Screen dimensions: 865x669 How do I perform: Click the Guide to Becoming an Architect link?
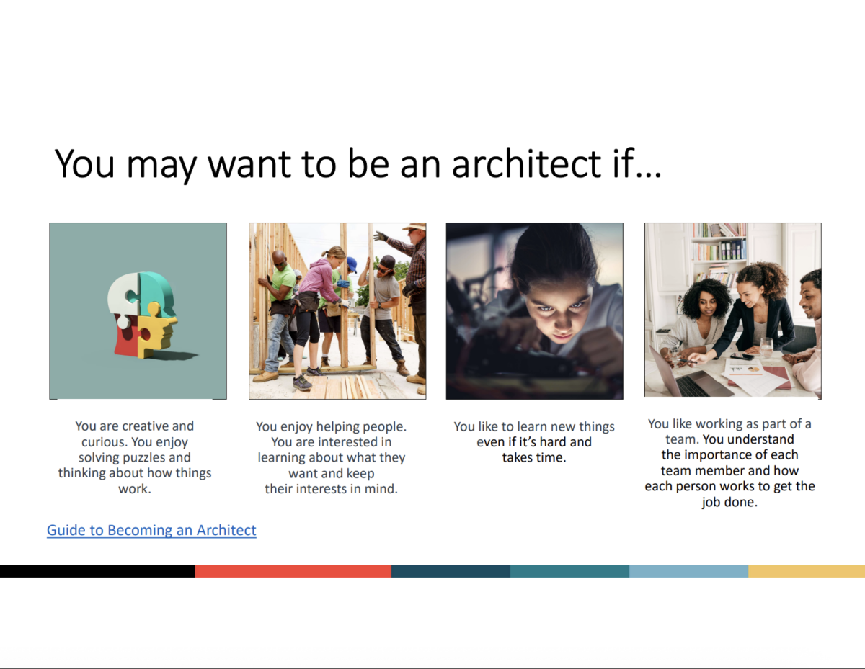[x=151, y=530]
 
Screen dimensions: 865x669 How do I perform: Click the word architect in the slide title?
[x=526, y=163]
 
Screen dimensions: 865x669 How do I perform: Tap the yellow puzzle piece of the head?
[x=156, y=329]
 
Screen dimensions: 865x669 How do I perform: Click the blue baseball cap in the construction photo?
[x=352, y=264]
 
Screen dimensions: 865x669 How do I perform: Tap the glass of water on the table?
[x=766, y=347]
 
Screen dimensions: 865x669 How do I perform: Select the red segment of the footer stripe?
[x=293, y=571]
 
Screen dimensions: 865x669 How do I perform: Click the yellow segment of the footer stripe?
[x=807, y=571]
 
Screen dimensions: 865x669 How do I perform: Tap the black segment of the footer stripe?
[x=97, y=571]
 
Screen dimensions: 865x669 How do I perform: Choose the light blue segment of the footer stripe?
[x=688, y=571]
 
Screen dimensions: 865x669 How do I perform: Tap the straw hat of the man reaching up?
[x=414, y=226]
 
